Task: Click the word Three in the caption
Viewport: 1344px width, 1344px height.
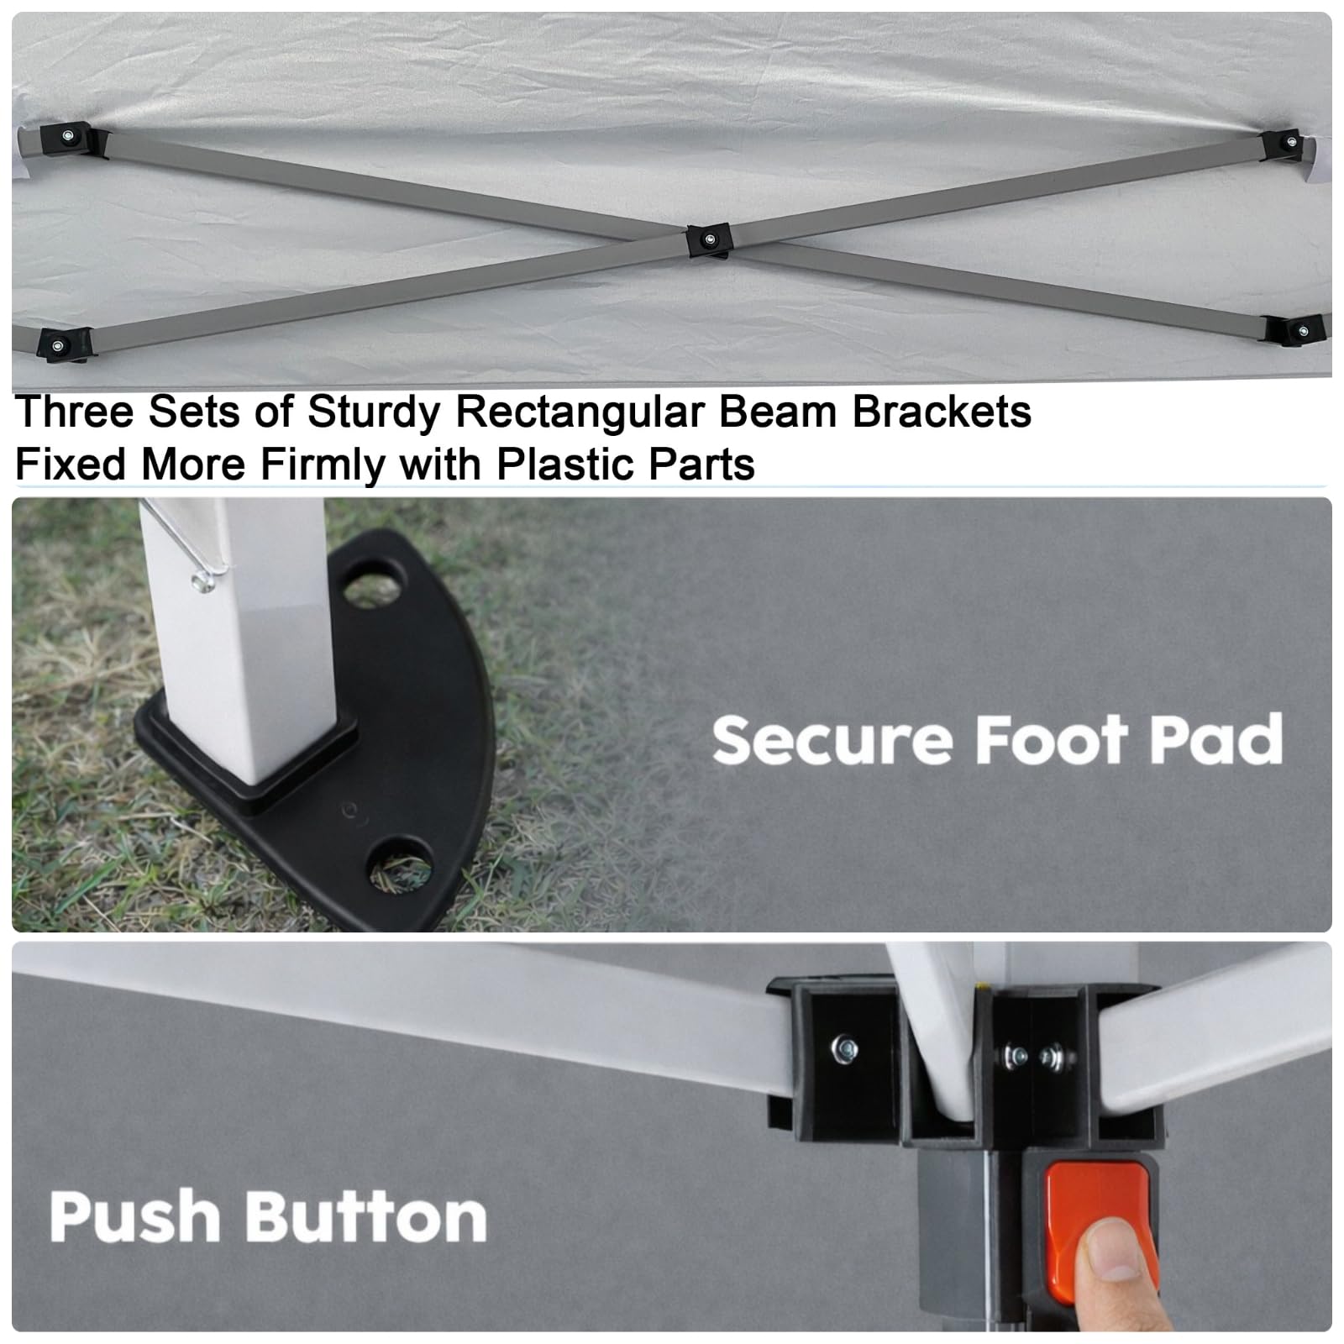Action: coord(76,412)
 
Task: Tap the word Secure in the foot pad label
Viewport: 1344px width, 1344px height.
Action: coord(834,739)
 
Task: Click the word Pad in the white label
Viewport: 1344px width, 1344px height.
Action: coord(1216,739)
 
